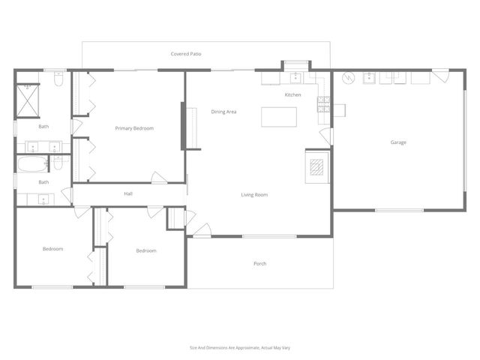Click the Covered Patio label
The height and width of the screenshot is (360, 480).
(185, 54)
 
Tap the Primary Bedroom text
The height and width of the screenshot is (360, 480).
(134, 128)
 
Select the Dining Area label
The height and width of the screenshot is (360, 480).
(223, 112)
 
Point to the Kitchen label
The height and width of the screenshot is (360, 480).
(292, 95)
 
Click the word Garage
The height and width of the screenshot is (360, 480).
(398, 142)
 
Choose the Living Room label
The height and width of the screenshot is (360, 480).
(254, 195)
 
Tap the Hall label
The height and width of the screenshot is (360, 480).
(128, 194)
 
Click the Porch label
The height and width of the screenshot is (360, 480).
(260, 263)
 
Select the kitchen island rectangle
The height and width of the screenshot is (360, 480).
(278, 118)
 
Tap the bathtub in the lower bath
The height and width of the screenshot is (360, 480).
(32, 164)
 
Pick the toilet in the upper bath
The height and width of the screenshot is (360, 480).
(57, 83)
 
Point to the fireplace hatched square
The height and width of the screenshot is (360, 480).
(316, 166)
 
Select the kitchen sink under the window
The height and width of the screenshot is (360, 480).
(295, 76)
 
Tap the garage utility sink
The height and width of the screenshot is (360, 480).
(369, 77)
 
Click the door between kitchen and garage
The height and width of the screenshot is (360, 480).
(325, 136)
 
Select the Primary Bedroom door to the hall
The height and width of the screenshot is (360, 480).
(159, 178)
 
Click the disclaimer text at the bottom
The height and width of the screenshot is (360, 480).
(239, 348)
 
